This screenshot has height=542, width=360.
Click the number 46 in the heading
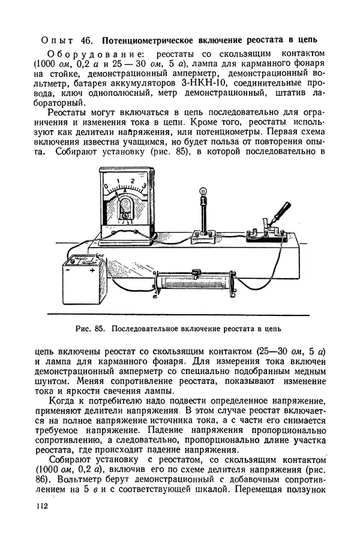86,40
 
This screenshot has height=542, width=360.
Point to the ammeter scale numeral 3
144,186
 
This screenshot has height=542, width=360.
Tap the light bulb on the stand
203,192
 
